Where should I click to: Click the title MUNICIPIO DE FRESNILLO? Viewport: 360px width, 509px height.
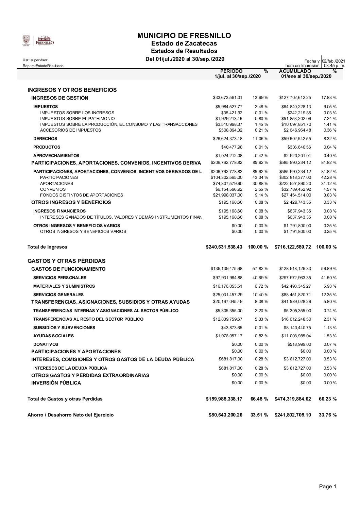tap(184, 36)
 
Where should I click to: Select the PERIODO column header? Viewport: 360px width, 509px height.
tap(232, 71)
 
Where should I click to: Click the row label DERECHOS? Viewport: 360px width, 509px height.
tap(45, 139)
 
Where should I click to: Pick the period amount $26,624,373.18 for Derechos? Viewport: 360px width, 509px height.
tap(227, 139)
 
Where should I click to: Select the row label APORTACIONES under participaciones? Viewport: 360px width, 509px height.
tap(56, 183)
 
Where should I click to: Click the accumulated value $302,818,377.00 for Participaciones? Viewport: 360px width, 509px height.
tap(295, 177)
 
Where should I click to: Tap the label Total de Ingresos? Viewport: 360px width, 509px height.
tap(47, 247)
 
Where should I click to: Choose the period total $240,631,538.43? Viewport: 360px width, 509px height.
tap(224, 247)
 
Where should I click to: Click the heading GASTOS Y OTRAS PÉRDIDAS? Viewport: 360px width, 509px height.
tap(66, 261)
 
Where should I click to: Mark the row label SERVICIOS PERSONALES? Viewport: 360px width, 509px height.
tap(60, 278)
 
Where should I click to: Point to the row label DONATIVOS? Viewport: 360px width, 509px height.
tap(46, 344)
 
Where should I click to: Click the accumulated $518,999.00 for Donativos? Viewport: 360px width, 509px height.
tap(298, 344)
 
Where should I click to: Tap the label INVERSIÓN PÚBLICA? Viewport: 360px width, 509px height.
tap(56, 383)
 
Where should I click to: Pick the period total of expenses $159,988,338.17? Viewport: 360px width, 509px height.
tap(224, 399)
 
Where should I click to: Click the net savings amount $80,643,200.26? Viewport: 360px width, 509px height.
tap(225, 415)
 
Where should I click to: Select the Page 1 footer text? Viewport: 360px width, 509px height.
tap(327, 487)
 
